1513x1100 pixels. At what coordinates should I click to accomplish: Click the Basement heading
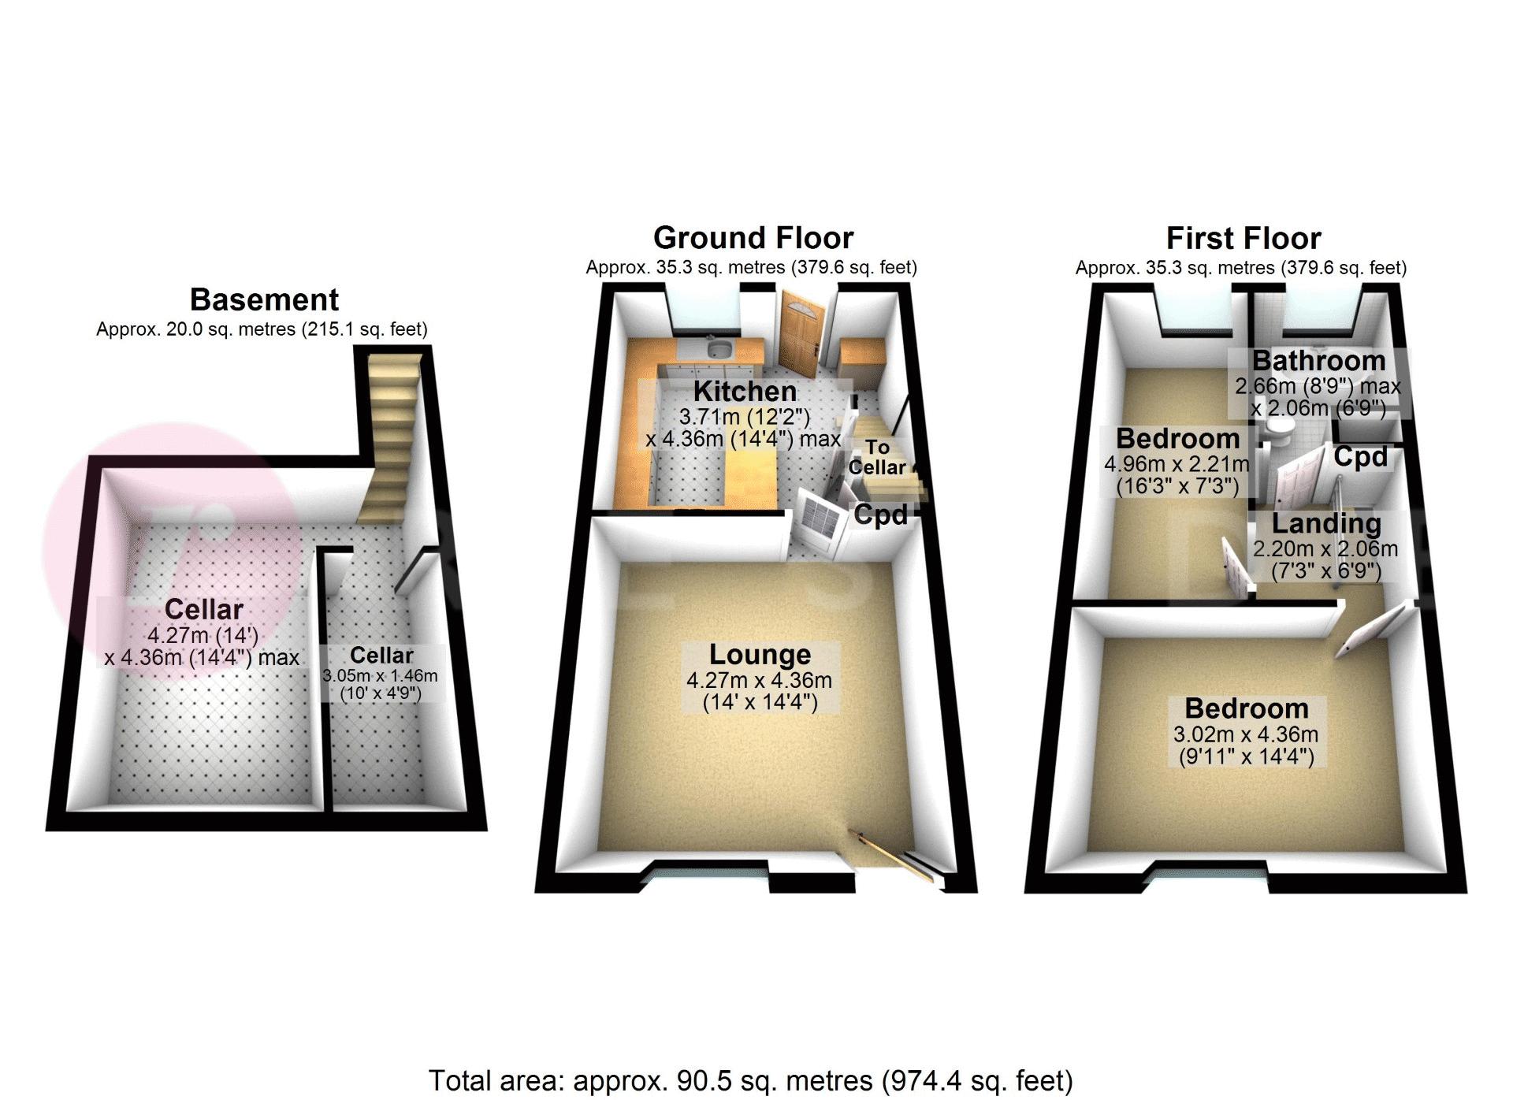(x=264, y=300)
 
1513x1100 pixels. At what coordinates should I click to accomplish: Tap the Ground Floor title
(x=753, y=238)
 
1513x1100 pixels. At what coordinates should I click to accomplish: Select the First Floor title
(x=1243, y=238)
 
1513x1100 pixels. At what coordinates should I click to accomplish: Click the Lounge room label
(x=760, y=655)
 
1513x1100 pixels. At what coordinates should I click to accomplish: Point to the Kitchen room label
(x=745, y=392)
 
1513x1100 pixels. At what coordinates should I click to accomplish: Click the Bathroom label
(x=1319, y=361)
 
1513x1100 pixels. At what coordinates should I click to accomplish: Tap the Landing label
(x=1326, y=523)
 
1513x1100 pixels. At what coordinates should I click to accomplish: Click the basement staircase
(x=389, y=437)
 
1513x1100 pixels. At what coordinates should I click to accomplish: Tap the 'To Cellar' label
(x=877, y=458)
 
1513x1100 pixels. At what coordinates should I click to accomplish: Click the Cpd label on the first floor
(x=1360, y=457)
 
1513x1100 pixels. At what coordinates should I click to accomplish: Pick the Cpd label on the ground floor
(x=881, y=515)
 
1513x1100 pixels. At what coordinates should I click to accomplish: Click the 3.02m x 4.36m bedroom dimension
(x=1246, y=734)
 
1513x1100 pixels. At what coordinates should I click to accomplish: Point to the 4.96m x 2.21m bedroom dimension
(x=1177, y=464)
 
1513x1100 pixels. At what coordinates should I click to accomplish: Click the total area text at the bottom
(x=750, y=1080)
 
